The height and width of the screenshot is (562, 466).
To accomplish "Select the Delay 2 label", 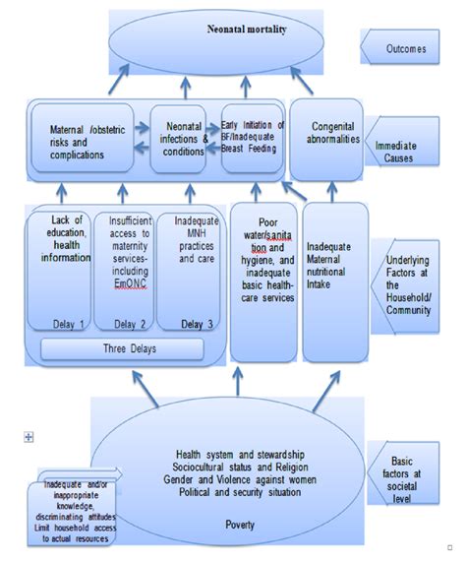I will [125, 323].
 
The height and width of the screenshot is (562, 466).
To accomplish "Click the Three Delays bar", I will [122, 349].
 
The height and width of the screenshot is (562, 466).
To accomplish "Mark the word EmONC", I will [125, 283].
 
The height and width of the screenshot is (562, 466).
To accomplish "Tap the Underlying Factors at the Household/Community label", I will [406, 278].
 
